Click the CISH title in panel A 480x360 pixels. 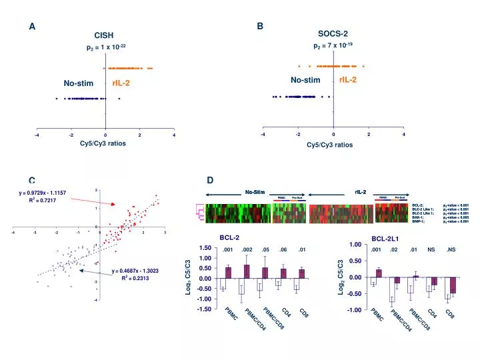[105, 35]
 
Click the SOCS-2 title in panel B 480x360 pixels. [333, 33]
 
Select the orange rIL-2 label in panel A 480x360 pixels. [121, 83]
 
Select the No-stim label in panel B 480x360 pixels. [305, 80]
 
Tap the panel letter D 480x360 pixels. [210, 181]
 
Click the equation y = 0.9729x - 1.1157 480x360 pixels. [41, 193]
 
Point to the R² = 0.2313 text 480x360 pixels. [135, 278]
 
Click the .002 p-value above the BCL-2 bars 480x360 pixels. [247, 250]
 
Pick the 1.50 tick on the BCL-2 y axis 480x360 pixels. [205, 249]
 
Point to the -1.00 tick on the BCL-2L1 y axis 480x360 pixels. [355, 310]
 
